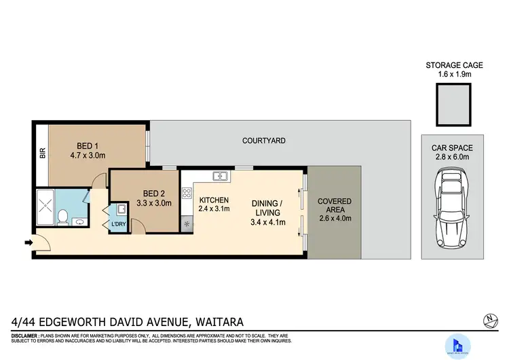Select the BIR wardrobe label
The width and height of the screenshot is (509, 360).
(x=42, y=154)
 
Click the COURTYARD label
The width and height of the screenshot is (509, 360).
(x=263, y=141)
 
